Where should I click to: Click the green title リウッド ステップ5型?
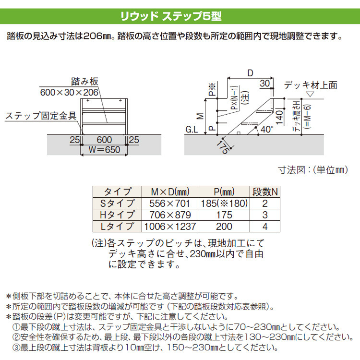click(x=171, y=16)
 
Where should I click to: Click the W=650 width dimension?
click(x=105, y=150)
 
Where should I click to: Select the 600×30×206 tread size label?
click(x=69, y=93)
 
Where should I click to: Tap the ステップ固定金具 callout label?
click(x=41, y=116)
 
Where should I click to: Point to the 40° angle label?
click(x=267, y=129)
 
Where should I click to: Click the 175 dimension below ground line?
click(x=223, y=147)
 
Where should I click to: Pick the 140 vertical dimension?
click(x=279, y=117)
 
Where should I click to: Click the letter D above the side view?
click(x=250, y=73)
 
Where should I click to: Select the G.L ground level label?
click(x=192, y=130)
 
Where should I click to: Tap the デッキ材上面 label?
click(x=311, y=85)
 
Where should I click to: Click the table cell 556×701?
click(x=169, y=204)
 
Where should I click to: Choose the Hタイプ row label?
click(x=117, y=215)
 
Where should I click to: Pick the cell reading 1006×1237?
click(x=170, y=227)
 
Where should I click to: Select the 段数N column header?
click(x=265, y=192)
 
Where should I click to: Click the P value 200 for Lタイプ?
click(x=224, y=227)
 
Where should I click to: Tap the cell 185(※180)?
click(x=224, y=204)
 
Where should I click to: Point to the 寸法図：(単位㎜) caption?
click(x=313, y=170)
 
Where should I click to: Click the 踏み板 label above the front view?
click(x=84, y=82)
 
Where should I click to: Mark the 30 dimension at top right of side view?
click(x=265, y=84)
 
